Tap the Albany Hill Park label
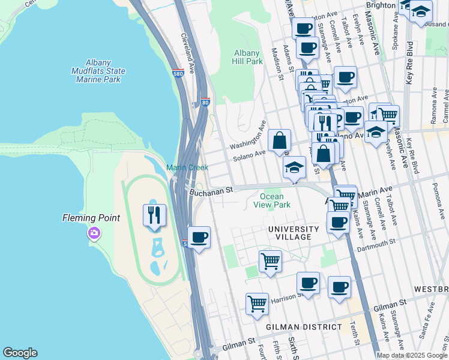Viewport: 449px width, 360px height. pos(248,57)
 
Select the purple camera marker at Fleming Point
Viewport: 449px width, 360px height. pos(94,233)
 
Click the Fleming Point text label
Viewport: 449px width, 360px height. pos(91,218)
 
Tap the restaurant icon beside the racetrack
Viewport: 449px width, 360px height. pos(154,215)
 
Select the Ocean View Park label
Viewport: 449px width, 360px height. pos(276,200)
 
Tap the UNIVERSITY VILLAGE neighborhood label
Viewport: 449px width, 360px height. pos(294,233)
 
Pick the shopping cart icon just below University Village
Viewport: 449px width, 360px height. pos(270,262)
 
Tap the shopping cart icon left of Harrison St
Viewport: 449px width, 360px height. pos(257,304)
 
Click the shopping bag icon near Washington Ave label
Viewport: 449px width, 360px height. pos(279,141)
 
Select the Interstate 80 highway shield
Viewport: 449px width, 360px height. pos(205,103)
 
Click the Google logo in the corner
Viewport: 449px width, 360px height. pos(20,353)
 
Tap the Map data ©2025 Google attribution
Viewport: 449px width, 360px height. pos(412,355)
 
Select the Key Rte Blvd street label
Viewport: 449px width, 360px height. pos(409,62)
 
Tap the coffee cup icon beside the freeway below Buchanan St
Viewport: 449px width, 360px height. pos(199,237)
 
